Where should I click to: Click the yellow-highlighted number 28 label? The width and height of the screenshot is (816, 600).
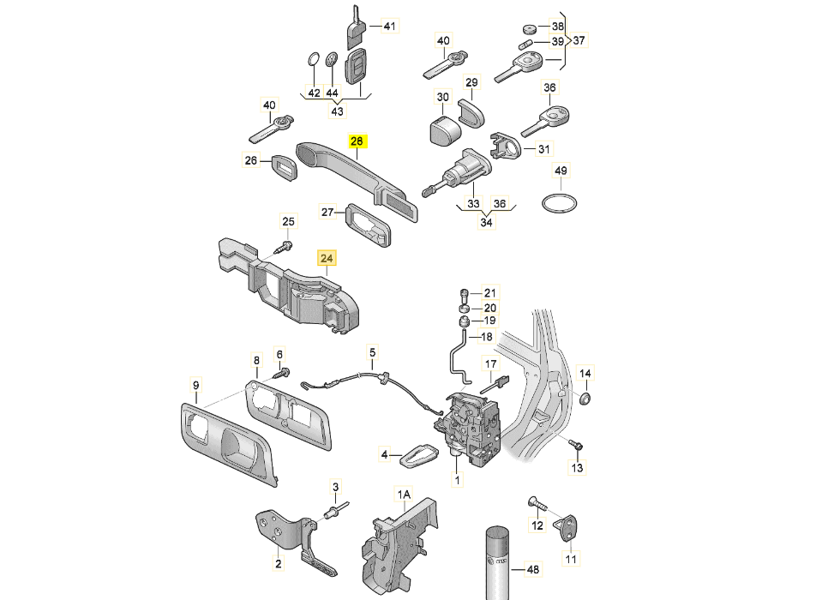tap(357, 141)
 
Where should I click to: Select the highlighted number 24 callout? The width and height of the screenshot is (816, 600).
tap(327, 257)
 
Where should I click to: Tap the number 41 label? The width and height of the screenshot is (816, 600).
tap(390, 27)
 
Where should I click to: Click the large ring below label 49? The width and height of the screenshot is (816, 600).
tap(560, 204)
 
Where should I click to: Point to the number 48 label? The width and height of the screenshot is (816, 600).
tap(532, 569)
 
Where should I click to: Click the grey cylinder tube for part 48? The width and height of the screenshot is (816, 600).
tap(497, 561)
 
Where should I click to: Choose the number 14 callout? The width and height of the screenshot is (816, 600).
tap(585, 374)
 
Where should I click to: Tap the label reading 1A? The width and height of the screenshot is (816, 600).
tap(404, 495)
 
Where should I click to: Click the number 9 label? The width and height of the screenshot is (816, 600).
tap(195, 384)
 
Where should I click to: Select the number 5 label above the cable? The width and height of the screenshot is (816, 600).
tap(373, 351)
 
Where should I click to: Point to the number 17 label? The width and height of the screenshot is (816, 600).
tap(491, 365)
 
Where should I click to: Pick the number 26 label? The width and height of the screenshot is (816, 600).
tap(250, 159)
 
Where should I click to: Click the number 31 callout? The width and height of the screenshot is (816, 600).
tap(543, 150)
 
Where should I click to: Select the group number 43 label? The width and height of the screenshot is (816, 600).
tap(337, 111)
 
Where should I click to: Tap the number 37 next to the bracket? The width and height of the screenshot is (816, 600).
tap(579, 40)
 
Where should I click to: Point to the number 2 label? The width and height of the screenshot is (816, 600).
tap(278, 563)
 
